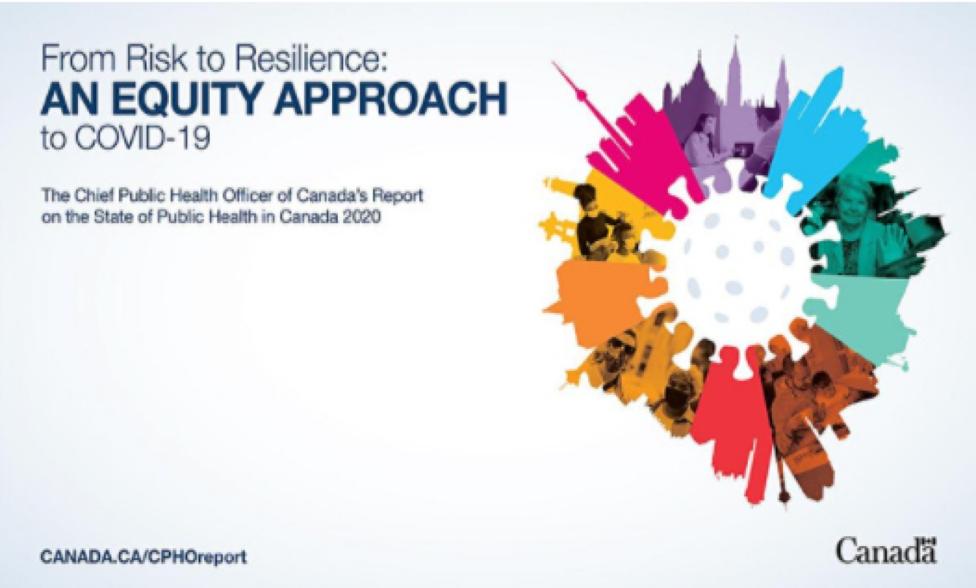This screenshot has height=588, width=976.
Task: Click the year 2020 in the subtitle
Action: tap(362, 216)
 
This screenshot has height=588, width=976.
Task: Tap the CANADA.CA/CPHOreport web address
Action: tap(143, 557)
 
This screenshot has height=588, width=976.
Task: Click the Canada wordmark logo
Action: tap(886, 551)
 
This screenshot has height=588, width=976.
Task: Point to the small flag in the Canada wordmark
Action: tap(929, 541)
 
